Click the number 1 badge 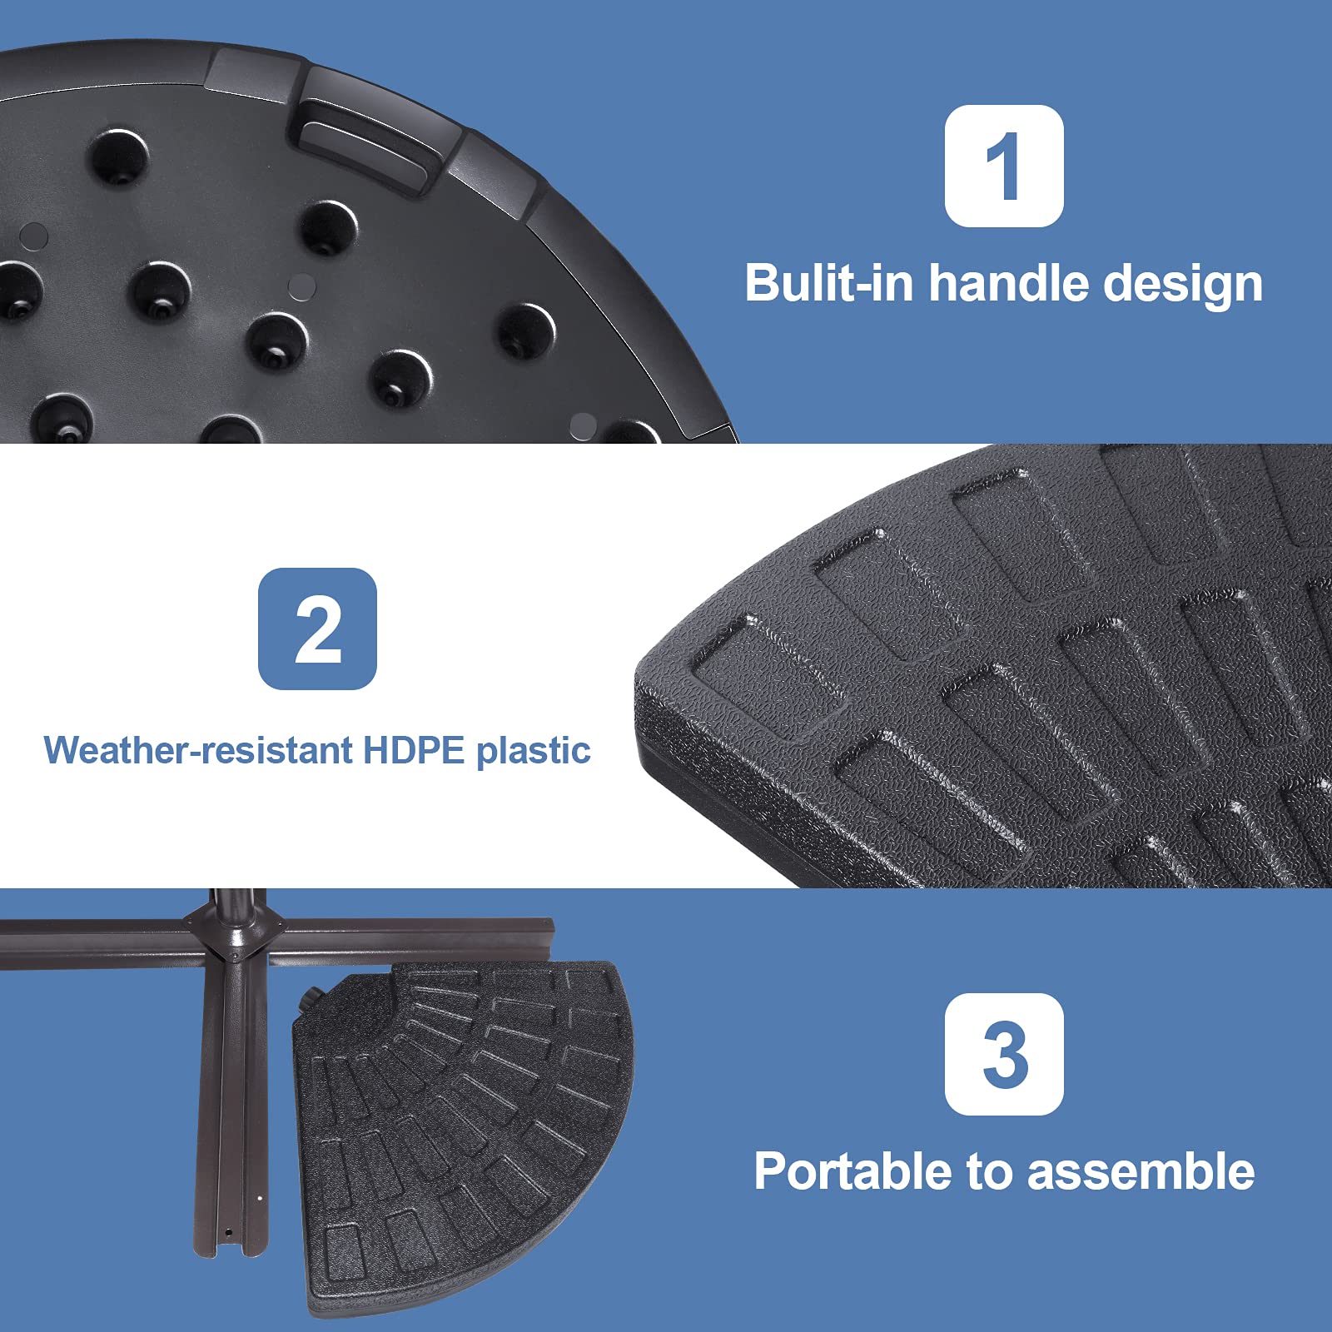pyautogui.click(x=1004, y=166)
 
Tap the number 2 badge pyautogui.click(x=317, y=629)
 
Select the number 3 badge pyautogui.click(x=1004, y=1054)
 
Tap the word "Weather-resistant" pyautogui.click(x=198, y=750)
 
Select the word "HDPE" pyautogui.click(x=414, y=750)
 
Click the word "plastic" pyautogui.click(x=534, y=752)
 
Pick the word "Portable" pyautogui.click(x=854, y=1171)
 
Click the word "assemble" pyautogui.click(x=1141, y=1171)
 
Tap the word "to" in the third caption pyautogui.click(x=991, y=1172)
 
